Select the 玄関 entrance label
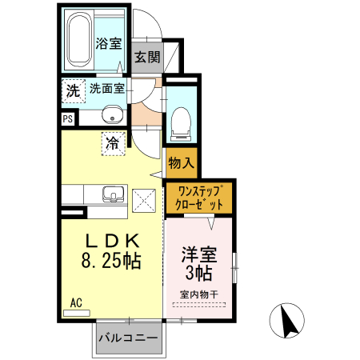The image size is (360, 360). click(x=147, y=57)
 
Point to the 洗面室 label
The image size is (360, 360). click(x=106, y=89)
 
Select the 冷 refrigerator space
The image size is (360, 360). click(x=112, y=144)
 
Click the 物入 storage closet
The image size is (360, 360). click(x=181, y=162)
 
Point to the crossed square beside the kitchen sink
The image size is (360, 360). click(x=145, y=198)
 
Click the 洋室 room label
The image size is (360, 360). click(x=199, y=256)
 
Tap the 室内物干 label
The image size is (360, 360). click(x=199, y=294)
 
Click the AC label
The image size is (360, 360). click(x=76, y=302)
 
